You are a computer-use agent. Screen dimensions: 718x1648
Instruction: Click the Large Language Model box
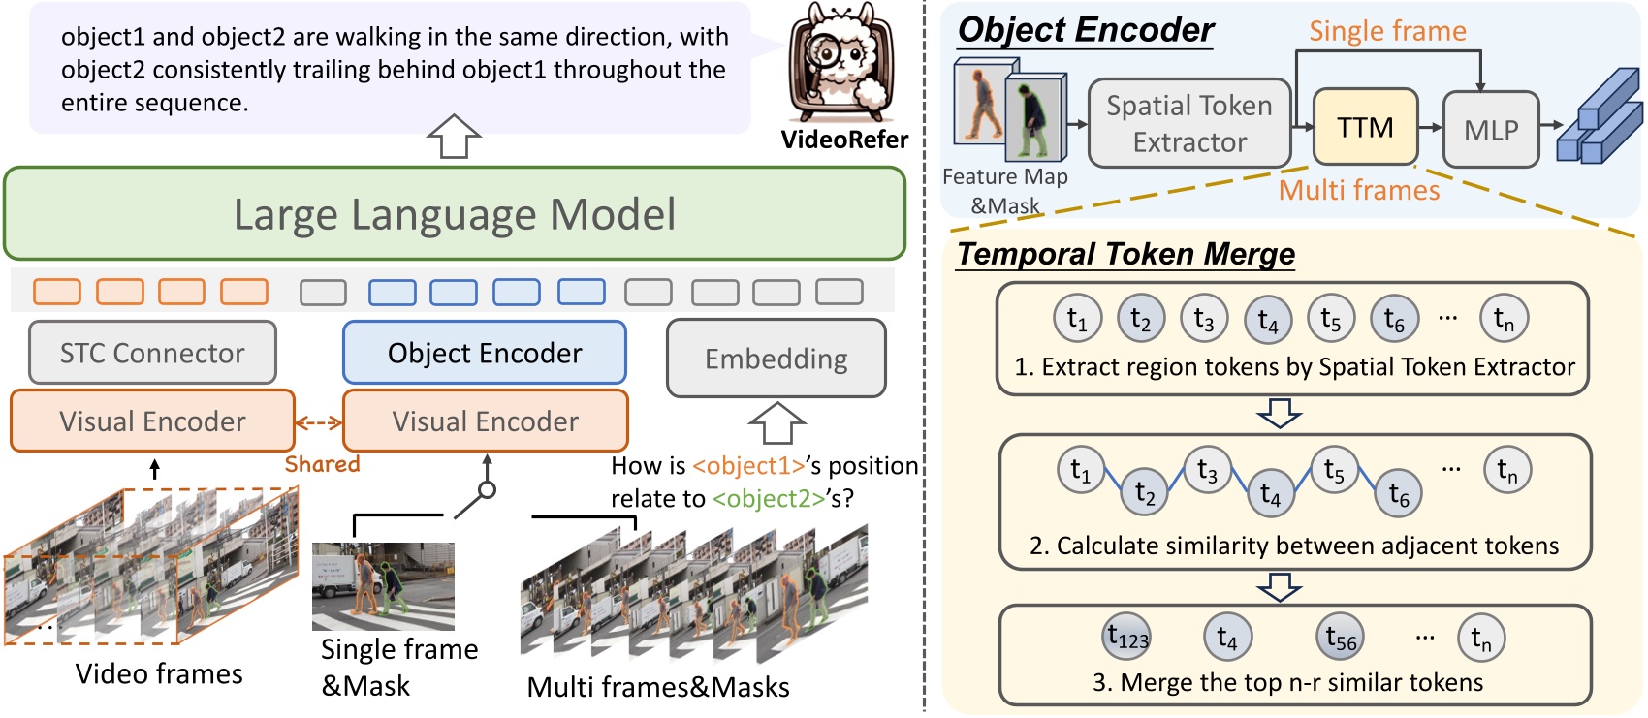click(455, 214)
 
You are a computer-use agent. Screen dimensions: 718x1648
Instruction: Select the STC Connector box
click(152, 353)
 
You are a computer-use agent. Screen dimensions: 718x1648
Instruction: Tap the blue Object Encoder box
click(485, 353)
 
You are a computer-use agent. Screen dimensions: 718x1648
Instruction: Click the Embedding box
click(776, 359)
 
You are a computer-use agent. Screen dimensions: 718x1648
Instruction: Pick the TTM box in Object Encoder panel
click(1365, 128)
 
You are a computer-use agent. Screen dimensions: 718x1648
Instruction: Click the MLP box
click(1490, 130)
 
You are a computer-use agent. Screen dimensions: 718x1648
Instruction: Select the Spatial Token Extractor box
click(1189, 124)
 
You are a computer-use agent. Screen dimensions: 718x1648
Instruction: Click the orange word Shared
click(322, 464)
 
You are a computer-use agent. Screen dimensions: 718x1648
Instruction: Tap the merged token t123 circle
click(1127, 638)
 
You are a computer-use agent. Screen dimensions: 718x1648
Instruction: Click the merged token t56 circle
click(1341, 638)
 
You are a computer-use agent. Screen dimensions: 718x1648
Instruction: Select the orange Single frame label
click(1387, 31)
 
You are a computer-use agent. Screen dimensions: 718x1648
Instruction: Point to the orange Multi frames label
click(1359, 190)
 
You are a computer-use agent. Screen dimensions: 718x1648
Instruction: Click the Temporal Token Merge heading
click(1125, 254)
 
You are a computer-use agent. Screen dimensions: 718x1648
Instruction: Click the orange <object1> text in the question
click(748, 466)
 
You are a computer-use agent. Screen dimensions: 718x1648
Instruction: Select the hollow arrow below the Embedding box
click(777, 423)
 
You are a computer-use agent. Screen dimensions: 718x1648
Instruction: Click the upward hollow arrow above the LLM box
click(454, 137)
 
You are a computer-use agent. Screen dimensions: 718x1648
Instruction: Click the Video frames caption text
click(159, 673)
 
